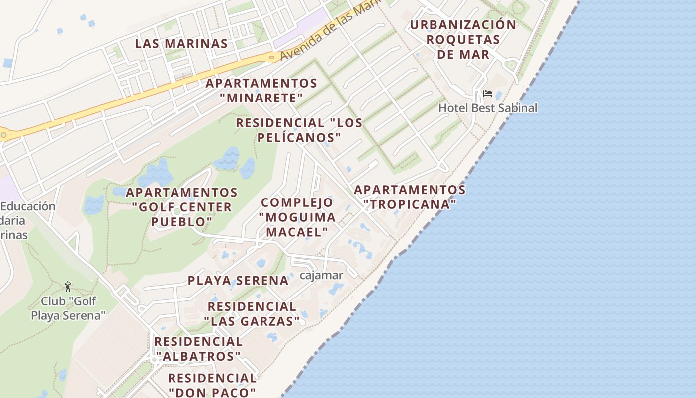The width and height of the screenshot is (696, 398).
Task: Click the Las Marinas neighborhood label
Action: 181,43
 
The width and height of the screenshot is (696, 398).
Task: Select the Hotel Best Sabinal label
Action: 488,108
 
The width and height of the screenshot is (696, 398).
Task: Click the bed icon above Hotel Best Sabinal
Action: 487,94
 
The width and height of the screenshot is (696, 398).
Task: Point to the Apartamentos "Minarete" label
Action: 261,90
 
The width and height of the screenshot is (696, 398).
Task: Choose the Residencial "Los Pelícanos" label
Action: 299,130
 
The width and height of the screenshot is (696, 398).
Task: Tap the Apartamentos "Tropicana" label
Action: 410,197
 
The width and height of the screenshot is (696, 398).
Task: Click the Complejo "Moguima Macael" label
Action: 297,217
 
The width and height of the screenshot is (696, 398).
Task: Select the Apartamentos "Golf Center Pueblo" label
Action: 181,207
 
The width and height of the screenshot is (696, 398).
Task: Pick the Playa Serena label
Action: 238,281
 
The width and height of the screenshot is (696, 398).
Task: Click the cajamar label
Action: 322,275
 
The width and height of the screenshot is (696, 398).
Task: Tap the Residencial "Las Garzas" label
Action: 252,314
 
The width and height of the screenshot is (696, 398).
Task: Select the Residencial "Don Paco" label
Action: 212,385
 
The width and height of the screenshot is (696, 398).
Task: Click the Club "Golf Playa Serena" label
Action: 69,308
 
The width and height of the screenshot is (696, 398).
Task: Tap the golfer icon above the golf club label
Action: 68,287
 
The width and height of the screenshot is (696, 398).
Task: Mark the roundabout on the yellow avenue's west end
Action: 4,134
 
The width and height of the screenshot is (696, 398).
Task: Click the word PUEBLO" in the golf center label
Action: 181,222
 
